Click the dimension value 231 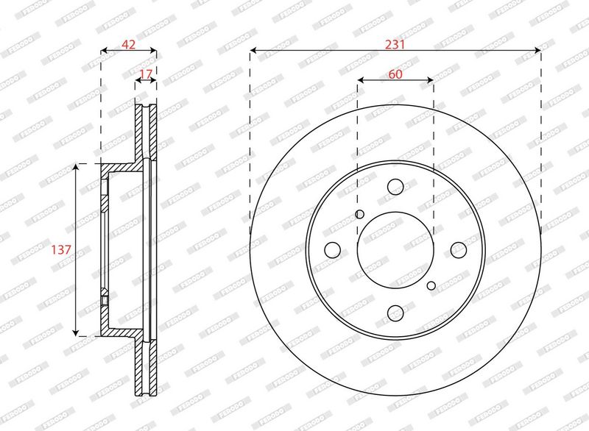coord(395,44)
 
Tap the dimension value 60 coord(395,74)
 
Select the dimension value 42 coord(128,44)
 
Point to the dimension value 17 coord(146,74)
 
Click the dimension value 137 coord(61,249)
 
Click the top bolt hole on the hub coord(395,187)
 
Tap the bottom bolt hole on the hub coord(395,313)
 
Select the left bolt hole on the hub coord(333,250)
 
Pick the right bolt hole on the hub coord(458,250)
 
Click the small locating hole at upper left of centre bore coord(359,214)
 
